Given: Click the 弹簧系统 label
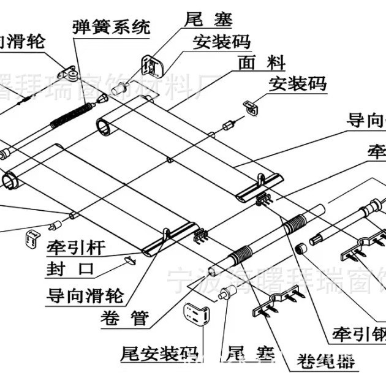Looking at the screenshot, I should coord(110,27).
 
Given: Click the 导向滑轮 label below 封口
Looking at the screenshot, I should coord(85,296).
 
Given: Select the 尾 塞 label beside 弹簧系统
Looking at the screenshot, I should coord(208,20).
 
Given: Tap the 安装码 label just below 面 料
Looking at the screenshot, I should coord(297,83).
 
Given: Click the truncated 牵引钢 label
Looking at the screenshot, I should coord(358,334).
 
